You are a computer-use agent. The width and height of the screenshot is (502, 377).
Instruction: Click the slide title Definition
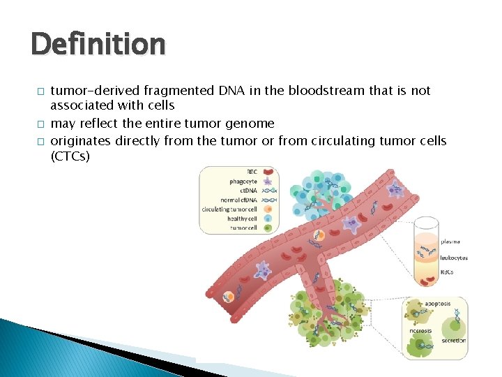98,45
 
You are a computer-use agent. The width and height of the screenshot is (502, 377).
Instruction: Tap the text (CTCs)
70,156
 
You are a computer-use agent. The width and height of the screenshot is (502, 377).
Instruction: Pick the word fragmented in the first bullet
174,91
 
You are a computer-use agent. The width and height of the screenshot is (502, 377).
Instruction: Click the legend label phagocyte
243,181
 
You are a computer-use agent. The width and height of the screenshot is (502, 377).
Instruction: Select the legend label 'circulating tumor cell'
229,209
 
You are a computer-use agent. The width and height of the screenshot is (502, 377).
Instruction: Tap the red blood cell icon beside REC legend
267,172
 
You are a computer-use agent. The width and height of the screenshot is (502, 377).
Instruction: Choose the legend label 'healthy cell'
243,219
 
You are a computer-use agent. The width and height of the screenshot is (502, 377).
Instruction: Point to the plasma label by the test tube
450,242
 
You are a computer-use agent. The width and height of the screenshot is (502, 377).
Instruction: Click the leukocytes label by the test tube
454,258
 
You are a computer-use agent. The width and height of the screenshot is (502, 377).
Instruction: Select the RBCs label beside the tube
447,272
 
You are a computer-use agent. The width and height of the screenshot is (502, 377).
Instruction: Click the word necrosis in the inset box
420,330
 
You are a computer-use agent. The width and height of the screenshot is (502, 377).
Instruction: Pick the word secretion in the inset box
453,341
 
